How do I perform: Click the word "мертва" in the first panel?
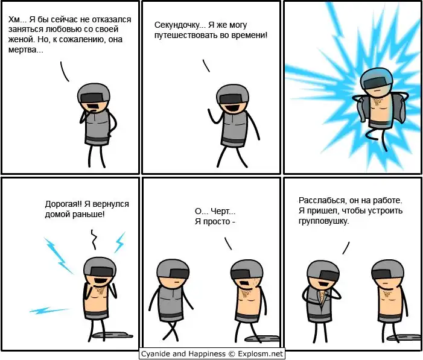click(x=25, y=49)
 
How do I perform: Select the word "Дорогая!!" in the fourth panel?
click(x=63, y=204)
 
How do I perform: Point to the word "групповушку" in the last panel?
click(x=323, y=221)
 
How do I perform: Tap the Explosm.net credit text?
click(x=260, y=353)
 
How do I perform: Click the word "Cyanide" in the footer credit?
click(x=153, y=353)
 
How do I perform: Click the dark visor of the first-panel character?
click(x=93, y=98)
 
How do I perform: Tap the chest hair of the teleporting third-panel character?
click(x=377, y=101)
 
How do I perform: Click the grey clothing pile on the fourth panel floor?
click(x=113, y=335)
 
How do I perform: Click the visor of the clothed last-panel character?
click(x=329, y=276)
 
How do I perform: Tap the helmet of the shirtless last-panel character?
click(x=387, y=270)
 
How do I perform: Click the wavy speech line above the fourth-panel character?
click(x=94, y=239)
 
